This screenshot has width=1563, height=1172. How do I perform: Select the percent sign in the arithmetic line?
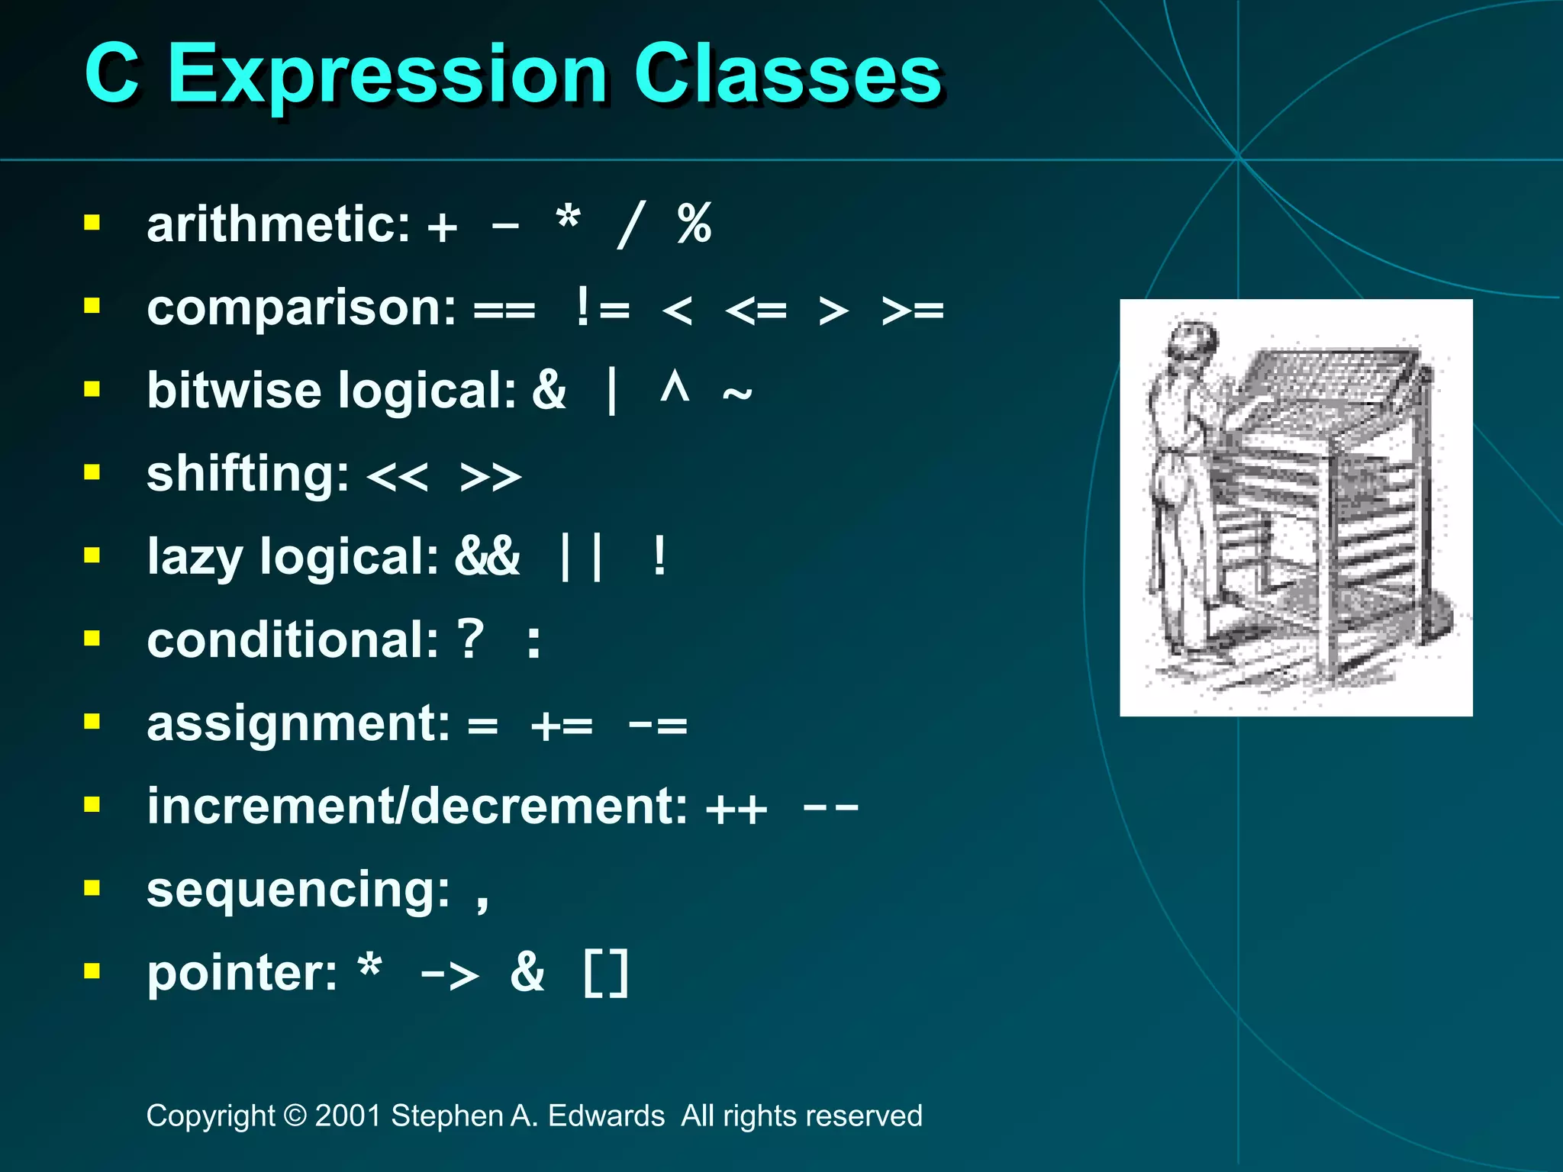(694, 224)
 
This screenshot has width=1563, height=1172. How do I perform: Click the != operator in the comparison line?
(603, 308)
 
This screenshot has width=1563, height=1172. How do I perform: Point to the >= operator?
(912, 310)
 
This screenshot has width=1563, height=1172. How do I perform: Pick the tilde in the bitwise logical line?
(736, 394)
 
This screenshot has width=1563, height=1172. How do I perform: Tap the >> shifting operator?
(491, 477)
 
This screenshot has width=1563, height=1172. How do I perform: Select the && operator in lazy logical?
(487, 556)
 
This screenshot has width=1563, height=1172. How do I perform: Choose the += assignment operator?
(562, 724)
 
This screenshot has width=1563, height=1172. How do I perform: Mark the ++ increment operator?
(736, 809)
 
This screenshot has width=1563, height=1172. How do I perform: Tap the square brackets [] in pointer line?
(606, 973)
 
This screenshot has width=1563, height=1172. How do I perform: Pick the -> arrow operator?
(450, 974)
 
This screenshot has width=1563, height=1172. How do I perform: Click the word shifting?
(247, 475)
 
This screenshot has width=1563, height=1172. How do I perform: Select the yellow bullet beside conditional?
(92, 638)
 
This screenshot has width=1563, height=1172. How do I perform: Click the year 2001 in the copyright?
(348, 1116)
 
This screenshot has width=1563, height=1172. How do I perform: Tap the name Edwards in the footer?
(606, 1116)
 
